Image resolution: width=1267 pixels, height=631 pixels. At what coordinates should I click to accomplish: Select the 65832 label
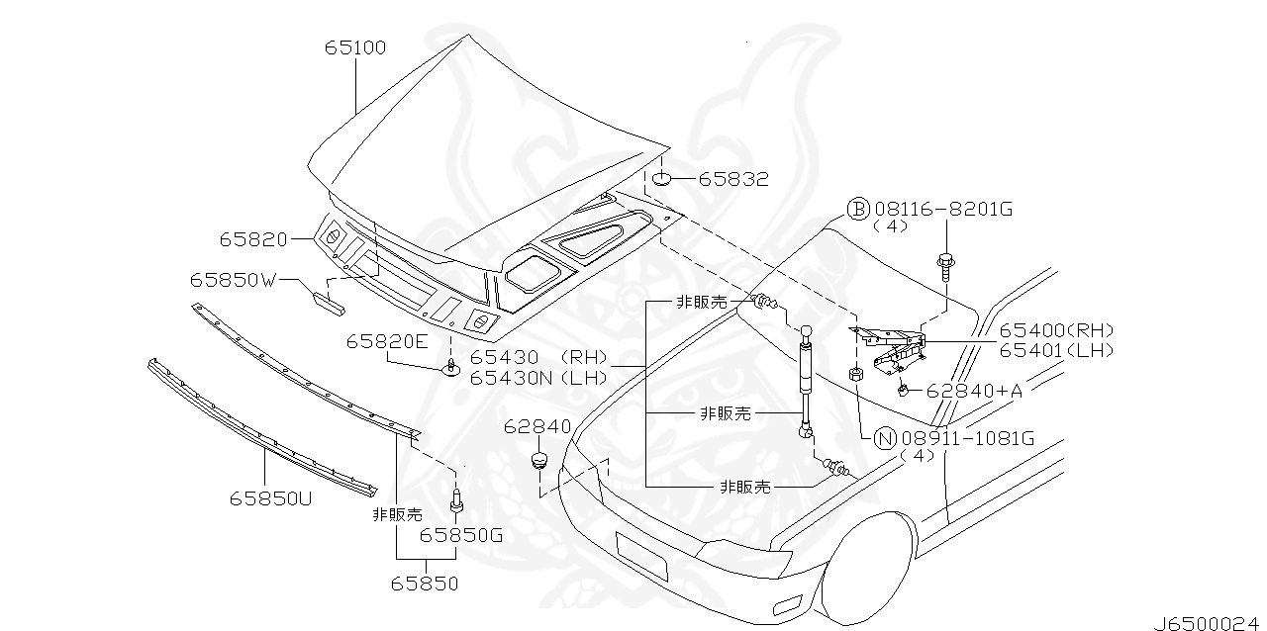coord(733,179)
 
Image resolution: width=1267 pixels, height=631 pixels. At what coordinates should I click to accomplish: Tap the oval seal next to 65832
coord(663,179)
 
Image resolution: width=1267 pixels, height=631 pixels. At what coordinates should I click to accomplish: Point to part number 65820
coord(253,239)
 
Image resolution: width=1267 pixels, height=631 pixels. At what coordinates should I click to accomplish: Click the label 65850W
coord(234,280)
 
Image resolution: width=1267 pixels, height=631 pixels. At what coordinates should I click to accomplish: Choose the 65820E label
coord(387,341)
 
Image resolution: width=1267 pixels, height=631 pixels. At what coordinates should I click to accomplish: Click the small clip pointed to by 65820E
coord(451,369)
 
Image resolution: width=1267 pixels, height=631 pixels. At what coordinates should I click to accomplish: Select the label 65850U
coord(271,497)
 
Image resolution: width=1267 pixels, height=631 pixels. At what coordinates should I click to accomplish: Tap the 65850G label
coord(461,535)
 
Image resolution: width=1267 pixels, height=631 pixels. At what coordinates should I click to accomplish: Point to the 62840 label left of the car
coord(537,426)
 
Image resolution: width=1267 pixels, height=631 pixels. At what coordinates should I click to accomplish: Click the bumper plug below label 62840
coord(539,461)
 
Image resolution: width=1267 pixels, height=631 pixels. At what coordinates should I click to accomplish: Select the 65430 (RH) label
coord(539,358)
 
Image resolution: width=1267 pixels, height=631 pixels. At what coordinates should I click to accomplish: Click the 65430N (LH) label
coord(539,378)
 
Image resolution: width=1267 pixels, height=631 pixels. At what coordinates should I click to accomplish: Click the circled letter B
coord(857,209)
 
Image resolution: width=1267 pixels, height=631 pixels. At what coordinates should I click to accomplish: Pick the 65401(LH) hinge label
coord(1056,350)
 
